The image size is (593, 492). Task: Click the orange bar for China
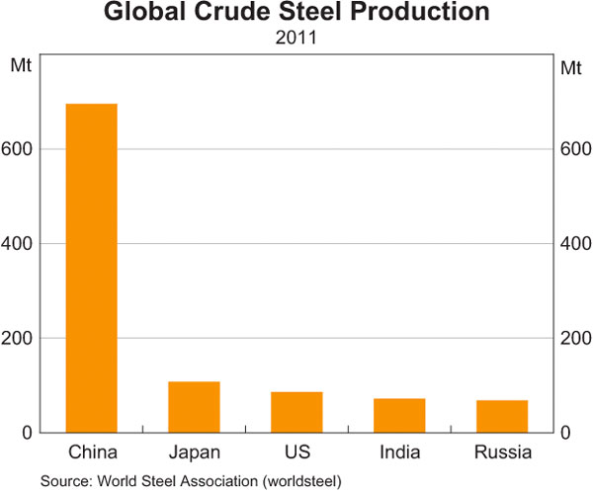91,268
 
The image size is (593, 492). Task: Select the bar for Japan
194,407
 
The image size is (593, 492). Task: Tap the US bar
296,412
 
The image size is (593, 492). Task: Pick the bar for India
399,415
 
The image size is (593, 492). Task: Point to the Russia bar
502,416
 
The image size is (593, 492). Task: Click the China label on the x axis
91,453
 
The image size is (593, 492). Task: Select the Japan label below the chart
194,453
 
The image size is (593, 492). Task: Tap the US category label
296,453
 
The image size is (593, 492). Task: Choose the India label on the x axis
399,453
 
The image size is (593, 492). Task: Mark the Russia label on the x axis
502,453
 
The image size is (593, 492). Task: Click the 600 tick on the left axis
23,149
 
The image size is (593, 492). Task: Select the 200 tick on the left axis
23,339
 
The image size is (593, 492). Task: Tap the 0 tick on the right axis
565,433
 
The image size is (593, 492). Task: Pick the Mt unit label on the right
570,67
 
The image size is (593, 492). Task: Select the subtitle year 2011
296,41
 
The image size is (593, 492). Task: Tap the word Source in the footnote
64,481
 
